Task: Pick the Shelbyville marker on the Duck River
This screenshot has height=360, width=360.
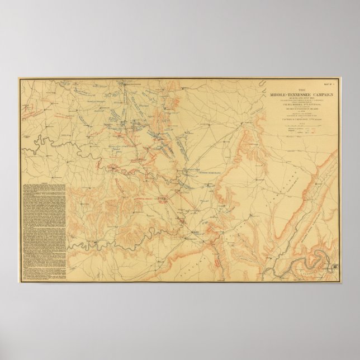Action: pos(113,167)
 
